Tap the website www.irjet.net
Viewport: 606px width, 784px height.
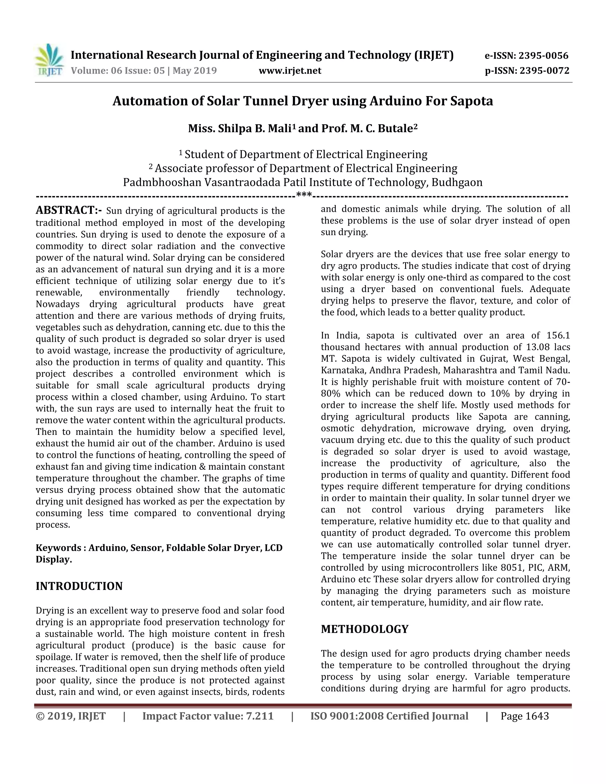point(290,71)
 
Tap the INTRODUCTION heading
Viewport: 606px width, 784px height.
point(79,586)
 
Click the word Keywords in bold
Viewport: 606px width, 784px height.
point(59,548)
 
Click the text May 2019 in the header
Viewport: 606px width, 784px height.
point(195,71)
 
